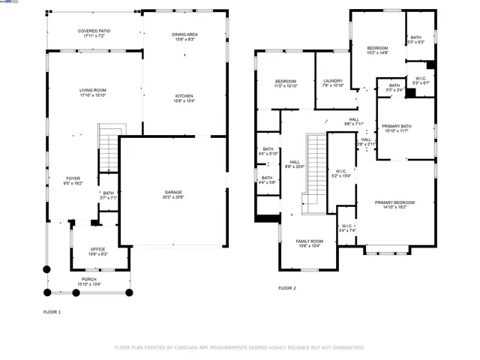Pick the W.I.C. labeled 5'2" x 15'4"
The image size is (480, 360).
[340, 172]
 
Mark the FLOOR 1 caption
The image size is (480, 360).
[52, 310]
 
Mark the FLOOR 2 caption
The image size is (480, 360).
[287, 288]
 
